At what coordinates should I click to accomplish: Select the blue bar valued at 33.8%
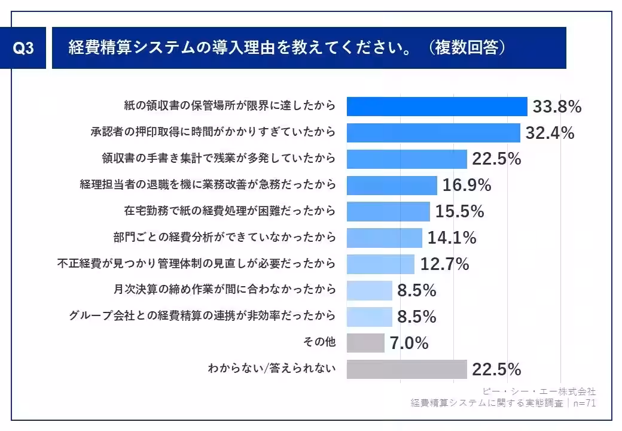point(437,107)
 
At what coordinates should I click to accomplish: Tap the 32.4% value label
point(550,133)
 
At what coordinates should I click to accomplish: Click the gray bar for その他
point(365,343)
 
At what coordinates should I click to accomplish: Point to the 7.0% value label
point(409,344)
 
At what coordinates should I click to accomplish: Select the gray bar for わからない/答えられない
point(407,369)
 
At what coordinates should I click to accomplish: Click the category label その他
point(320,343)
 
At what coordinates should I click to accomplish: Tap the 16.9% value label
point(466,186)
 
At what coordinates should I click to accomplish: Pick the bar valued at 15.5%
point(388,211)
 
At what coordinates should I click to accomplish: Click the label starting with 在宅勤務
point(230,211)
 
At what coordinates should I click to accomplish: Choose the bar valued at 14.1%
point(385,238)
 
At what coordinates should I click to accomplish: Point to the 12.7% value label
point(444,264)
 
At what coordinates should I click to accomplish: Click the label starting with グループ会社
point(203,317)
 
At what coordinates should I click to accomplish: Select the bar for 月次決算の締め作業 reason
point(370,290)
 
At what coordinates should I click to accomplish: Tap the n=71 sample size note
point(584,403)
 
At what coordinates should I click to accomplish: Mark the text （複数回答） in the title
point(467,48)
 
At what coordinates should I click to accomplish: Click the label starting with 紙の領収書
point(230,107)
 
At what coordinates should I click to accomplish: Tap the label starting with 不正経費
point(196,264)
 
